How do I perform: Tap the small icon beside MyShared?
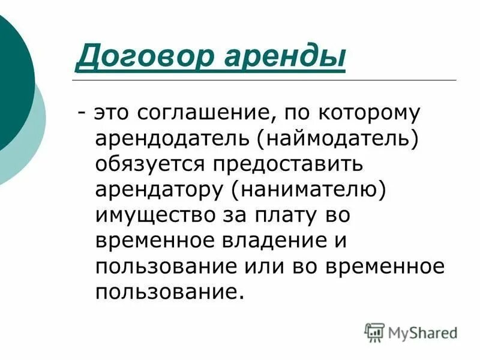pyautogui.click(x=374, y=332)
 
